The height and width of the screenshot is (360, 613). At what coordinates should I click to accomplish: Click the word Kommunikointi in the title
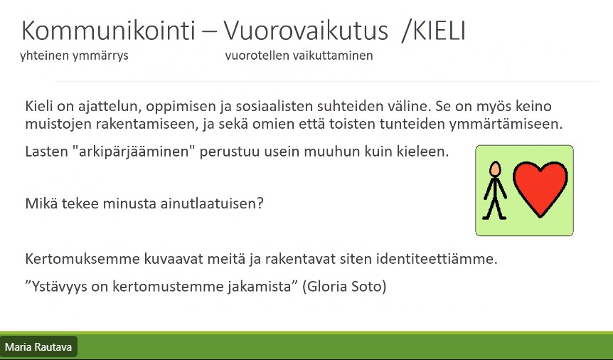click(x=108, y=31)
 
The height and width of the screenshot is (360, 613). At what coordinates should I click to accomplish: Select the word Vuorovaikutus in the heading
click(x=306, y=31)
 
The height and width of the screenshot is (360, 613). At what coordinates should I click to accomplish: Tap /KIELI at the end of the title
click(x=433, y=31)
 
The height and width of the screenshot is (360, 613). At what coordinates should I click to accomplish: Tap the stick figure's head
click(x=496, y=169)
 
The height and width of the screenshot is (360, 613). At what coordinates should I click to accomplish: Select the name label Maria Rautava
click(x=38, y=347)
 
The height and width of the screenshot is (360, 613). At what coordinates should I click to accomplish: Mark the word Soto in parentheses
click(x=371, y=287)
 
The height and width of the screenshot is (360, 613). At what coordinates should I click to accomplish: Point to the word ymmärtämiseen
click(x=506, y=124)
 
